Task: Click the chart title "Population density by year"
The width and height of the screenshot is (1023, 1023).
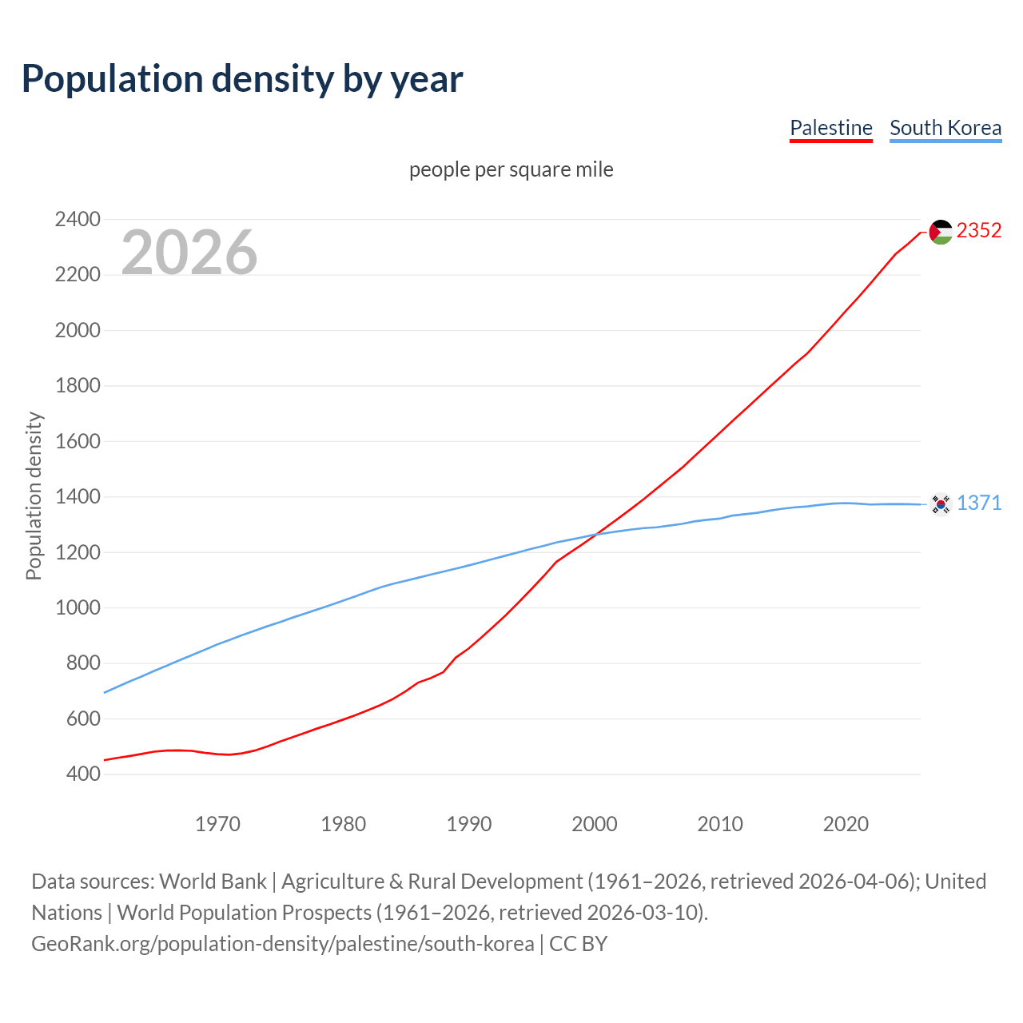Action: coord(242,79)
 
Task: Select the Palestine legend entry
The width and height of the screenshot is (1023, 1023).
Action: coord(830,128)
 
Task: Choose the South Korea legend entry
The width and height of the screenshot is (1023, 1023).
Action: coord(945,128)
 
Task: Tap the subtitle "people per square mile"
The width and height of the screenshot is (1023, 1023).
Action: coord(511,169)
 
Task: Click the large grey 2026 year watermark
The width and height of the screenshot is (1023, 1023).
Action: coord(189,253)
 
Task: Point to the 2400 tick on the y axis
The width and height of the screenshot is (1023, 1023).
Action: coord(78,219)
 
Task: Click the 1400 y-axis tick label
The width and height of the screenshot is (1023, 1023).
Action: coord(78,496)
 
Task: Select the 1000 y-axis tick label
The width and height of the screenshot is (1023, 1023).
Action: coord(78,607)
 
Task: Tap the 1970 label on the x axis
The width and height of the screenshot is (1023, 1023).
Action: coord(217,824)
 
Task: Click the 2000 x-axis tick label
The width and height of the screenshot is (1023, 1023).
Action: coord(594,824)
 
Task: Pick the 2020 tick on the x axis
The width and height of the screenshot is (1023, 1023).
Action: coord(846,824)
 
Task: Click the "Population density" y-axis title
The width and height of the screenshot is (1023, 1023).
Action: coord(34,496)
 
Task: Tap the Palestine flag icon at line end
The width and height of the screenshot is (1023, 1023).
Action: coord(941,232)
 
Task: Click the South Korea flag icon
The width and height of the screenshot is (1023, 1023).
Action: coord(941,504)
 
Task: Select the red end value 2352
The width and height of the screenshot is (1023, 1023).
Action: coord(978,230)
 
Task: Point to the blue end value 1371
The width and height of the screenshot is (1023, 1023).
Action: coord(978,503)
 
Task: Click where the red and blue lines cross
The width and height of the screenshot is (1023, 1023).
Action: coord(596,534)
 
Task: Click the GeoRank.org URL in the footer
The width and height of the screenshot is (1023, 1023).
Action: coord(282,944)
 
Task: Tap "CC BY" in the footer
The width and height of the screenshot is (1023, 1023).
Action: coord(578,944)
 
